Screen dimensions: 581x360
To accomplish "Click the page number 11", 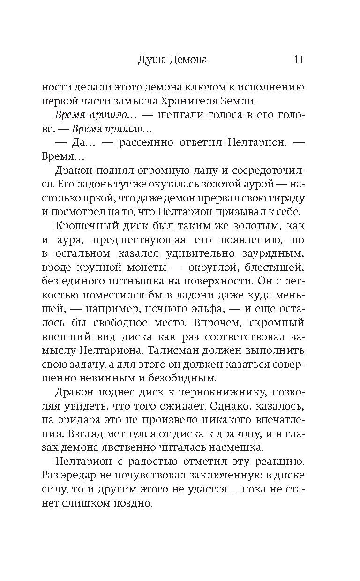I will [299, 60].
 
